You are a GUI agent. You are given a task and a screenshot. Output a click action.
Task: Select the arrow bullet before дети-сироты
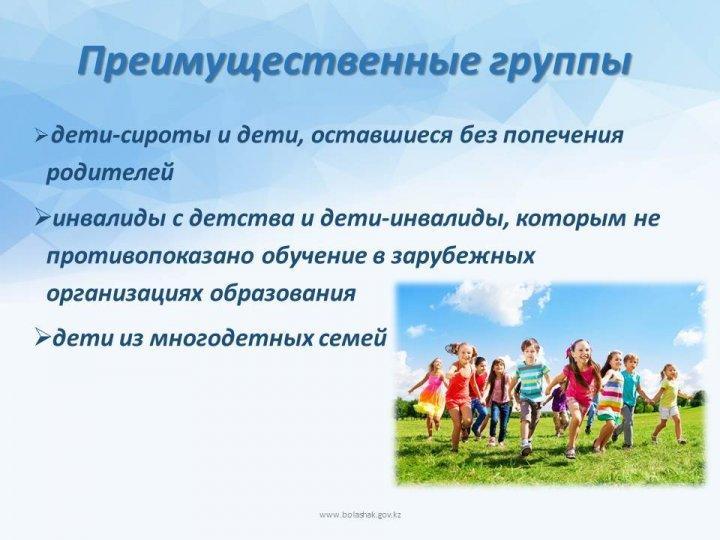coord(41,136)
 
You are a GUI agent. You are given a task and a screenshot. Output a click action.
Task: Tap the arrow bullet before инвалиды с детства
coord(43,219)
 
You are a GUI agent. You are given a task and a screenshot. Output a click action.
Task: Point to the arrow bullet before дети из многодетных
coord(43,339)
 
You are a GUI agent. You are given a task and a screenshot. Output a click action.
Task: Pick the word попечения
coord(562,136)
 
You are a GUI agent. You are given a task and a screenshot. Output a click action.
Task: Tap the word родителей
coord(110,174)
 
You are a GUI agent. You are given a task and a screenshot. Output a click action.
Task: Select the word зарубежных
coord(463,256)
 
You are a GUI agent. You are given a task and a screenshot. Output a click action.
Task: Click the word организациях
coord(124,294)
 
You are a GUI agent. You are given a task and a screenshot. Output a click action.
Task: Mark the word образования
coord(283,294)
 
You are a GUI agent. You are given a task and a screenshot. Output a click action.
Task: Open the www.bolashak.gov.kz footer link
coord(360,515)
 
